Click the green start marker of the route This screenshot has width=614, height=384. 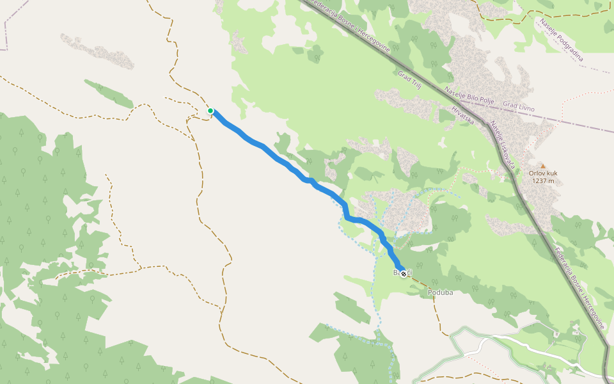210,111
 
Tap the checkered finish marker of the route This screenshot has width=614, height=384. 403,274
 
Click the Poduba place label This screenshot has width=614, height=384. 440,292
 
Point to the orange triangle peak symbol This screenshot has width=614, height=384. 542,166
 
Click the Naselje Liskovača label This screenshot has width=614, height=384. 503,145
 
